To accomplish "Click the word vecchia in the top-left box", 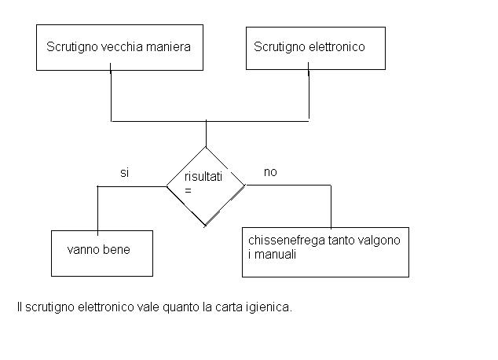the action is (118, 46).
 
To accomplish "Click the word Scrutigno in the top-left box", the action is (72, 47).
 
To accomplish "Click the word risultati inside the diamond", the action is (203, 176).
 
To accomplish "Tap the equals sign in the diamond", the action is (188, 191).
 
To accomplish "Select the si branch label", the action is (124, 173).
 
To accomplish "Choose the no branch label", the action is (270, 172).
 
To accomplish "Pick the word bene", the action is (116, 249).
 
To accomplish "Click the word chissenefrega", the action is (287, 241).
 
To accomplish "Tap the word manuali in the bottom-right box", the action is (276, 255).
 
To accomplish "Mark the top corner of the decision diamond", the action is (206, 147).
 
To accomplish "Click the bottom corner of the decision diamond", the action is (205, 226).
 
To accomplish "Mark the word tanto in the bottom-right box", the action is (341, 241).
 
